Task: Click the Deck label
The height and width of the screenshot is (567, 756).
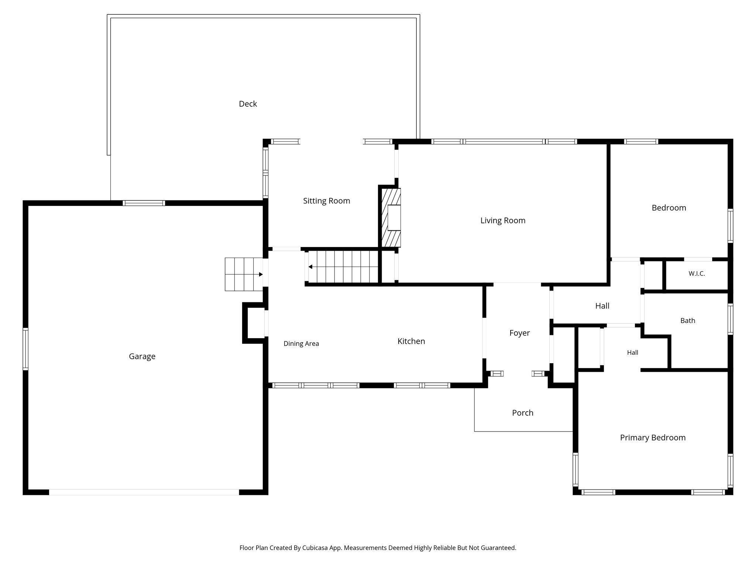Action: click(x=248, y=104)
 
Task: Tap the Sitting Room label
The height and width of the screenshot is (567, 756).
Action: click(x=326, y=201)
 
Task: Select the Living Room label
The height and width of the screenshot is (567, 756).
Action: click(x=503, y=220)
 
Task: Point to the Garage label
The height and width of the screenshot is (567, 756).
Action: click(x=142, y=356)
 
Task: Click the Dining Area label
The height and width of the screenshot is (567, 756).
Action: click(x=301, y=344)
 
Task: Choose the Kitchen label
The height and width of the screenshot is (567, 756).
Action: click(x=411, y=341)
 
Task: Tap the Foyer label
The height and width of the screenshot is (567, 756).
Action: click(x=519, y=333)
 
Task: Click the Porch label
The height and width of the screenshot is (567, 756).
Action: click(x=523, y=413)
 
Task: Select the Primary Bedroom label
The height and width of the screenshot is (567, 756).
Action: click(x=653, y=438)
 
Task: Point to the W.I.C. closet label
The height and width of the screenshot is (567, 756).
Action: click(x=697, y=274)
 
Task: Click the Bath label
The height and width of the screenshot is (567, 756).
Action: click(x=688, y=320)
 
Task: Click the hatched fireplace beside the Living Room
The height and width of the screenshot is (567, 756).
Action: click(x=391, y=217)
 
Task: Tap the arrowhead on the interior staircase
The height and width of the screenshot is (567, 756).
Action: click(x=310, y=267)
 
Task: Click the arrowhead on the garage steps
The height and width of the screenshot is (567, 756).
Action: click(x=261, y=274)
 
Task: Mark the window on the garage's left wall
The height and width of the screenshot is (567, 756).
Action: click(x=25, y=349)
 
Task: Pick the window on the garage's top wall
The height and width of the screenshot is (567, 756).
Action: click(x=144, y=203)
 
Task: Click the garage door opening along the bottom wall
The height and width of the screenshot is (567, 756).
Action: click(x=144, y=492)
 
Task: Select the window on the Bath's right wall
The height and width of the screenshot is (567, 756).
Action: click(x=730, y=319)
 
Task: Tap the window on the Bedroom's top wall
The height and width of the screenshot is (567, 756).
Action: click(x=641, y=141)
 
